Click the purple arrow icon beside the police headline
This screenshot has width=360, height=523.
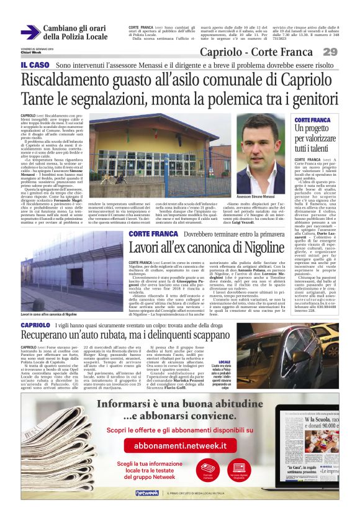[x=30, y=32]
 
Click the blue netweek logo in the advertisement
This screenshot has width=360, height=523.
[x=147, y=493]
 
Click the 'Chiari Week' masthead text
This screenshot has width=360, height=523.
[x=30, y=52]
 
